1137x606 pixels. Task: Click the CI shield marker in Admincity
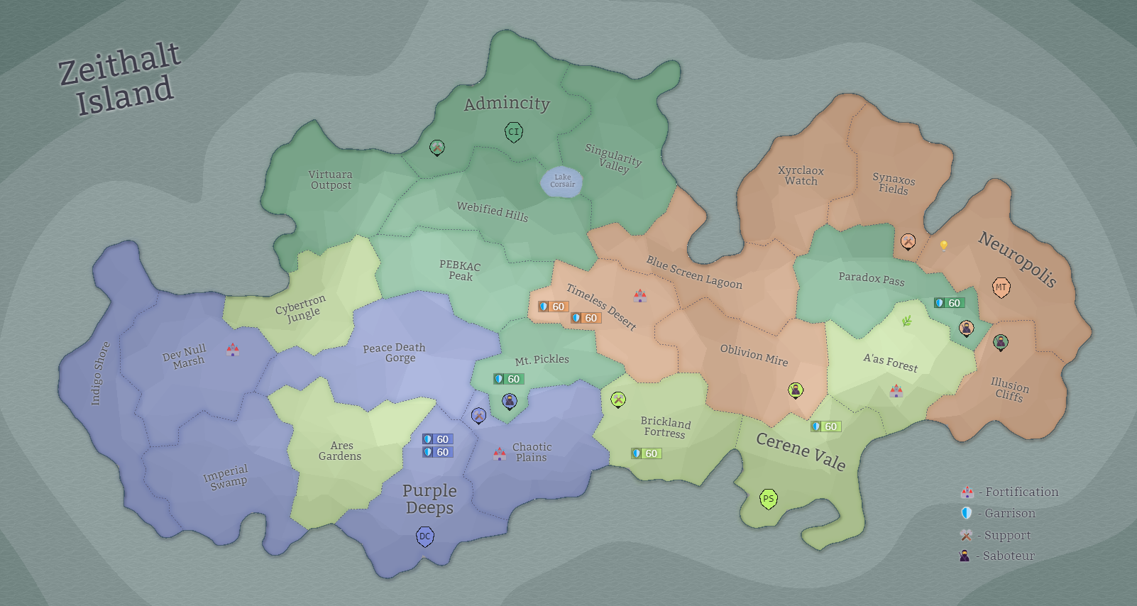point(514,131)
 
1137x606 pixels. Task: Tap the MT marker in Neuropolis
point(1001,287)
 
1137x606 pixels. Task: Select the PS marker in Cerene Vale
point(768,499)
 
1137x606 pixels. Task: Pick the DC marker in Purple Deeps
point(424,536)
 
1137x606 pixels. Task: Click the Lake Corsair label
point(562,181)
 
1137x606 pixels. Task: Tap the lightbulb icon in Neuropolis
point(944,246)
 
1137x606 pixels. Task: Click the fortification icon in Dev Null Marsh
point(232,349)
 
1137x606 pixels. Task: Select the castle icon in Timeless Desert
point(639,295)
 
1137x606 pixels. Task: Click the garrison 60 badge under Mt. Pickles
point(508,379)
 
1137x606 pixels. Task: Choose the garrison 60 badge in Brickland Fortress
point(646,453)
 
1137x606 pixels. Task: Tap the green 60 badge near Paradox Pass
point(949,303)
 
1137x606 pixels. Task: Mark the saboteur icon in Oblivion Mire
point(796,390)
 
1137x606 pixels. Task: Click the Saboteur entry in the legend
point(997,556)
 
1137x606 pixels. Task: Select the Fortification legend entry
point(1009,492)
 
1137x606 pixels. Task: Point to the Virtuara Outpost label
point(331,180)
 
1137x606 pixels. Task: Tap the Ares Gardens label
point(340,451)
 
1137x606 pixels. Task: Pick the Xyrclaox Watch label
point(801,175)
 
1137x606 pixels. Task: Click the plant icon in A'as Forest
point(906,321)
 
